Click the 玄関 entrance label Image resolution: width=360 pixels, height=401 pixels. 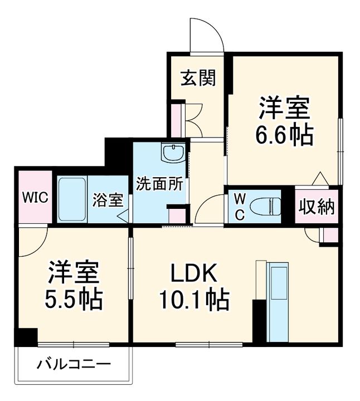tap(197, 79)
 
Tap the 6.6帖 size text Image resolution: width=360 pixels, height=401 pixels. tap(285, 135)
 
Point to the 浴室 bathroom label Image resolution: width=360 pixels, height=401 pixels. tap(108, 199)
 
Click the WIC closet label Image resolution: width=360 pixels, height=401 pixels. tap(35, 198)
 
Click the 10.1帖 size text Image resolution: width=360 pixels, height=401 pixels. tap(194, 301)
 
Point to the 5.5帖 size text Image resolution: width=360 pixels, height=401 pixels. tap(74, 301)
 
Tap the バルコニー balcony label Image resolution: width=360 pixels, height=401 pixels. tap(74, 365)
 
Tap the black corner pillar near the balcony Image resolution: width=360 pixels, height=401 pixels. tap(26, 336)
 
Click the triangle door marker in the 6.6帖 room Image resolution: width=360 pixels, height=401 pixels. tap(319, 178)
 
